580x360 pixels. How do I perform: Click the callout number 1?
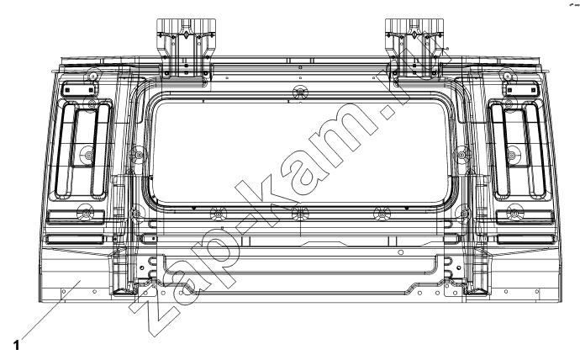point(16,345)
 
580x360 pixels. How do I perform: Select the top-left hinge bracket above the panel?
point(186,48)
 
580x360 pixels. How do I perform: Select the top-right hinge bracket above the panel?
point(414,48)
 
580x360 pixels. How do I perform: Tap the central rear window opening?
point(300,152)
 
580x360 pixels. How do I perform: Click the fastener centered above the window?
point(300,92)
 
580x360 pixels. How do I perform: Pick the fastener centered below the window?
point(300,214)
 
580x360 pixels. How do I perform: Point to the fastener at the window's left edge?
point(139,154)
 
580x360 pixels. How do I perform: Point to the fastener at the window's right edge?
point(462,154)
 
